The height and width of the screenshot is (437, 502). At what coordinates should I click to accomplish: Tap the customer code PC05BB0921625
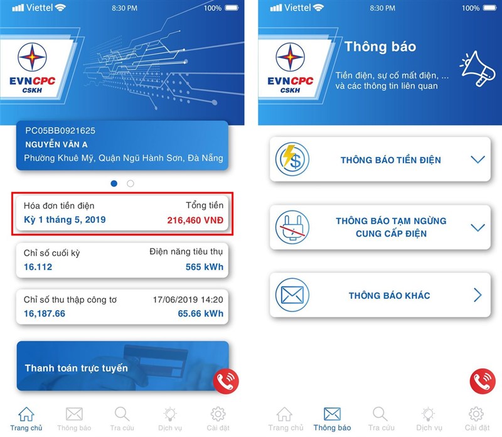click(60, 131)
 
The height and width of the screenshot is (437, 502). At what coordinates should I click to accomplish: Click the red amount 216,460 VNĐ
click(195, 220)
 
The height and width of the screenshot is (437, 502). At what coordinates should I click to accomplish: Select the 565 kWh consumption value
click(205, 267)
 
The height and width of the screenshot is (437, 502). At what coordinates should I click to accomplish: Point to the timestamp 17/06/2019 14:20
click(188, 299)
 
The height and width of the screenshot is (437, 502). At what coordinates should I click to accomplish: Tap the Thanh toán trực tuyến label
click(77, 368)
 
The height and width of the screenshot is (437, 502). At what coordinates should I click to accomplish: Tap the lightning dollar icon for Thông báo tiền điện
click(292, 159)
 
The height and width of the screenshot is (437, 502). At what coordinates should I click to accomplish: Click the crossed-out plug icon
click(292, 227)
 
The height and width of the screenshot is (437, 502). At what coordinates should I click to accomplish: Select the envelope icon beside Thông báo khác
click(292, 294)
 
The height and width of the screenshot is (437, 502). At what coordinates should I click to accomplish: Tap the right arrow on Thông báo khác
click(478, 295)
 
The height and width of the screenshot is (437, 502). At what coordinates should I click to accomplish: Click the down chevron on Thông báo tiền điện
click(478, 159)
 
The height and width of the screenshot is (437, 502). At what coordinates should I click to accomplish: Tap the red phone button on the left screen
click(226, 381)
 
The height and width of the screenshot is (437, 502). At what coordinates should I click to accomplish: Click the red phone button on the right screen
click(483, 381)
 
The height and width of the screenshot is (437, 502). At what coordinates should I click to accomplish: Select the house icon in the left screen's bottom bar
click(26, 414)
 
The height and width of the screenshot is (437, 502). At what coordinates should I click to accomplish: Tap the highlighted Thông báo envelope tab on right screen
click(332, 414)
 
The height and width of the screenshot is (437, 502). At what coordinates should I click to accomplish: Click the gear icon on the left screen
click(218, 414)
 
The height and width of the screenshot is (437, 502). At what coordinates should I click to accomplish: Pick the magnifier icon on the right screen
click(380, 414)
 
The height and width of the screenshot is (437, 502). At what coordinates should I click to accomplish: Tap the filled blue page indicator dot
click(114, 183)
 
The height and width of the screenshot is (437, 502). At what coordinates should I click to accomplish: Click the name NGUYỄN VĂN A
click(56, 144)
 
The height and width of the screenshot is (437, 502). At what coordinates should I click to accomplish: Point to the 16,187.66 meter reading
click(45, 314)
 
